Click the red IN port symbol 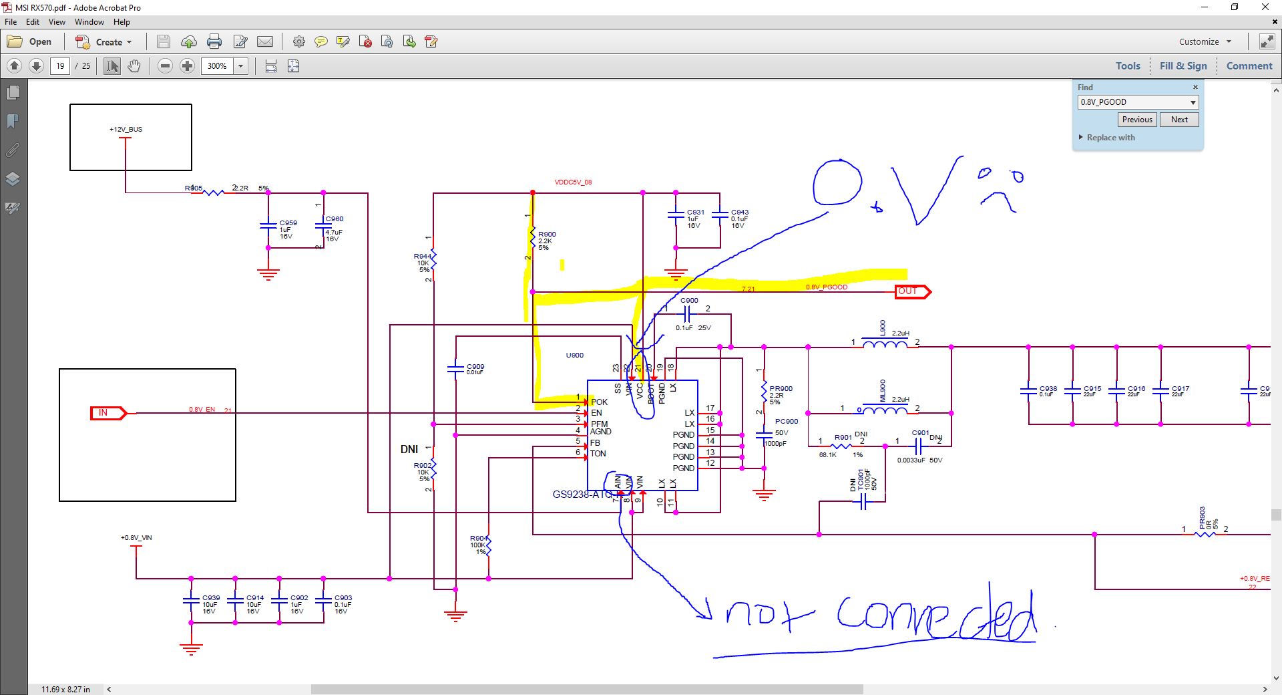coord(108,413)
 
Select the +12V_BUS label coord(126,130)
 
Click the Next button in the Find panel coord(1179,120)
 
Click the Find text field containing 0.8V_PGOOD coord(1132,102)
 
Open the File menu coord(11,22)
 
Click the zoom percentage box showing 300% coord(217,66)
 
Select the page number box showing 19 coord(60,66)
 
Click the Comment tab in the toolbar coord(1249,66)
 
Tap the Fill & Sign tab coord(1183,66)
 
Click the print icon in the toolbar coord(214,42)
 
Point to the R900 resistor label coord(547,235)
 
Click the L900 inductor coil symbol coord(885,345)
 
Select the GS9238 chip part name coord(582,495)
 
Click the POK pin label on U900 coord(599,402)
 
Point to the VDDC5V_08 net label coord(573,182)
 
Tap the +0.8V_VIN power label coord(136,538)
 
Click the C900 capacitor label coord(689,301)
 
